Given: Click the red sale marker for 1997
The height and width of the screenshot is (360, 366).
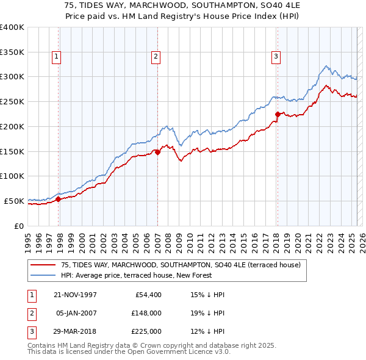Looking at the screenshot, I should tap(59, 199).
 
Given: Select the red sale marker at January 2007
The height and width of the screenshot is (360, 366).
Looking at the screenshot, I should tap(157, 153).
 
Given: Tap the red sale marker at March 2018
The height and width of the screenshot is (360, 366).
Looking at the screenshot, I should tap(278, 114).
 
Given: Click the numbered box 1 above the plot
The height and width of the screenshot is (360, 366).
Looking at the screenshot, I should tap(56, 57).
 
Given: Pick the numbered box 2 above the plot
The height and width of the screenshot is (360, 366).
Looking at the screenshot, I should tap(156, 57).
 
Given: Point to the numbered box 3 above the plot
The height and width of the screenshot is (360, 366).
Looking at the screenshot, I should tap(276, 57).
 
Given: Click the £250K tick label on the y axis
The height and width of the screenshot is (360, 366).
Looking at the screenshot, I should tap(12, 101).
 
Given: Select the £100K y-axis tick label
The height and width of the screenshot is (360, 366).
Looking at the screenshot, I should tap(12, 176).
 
